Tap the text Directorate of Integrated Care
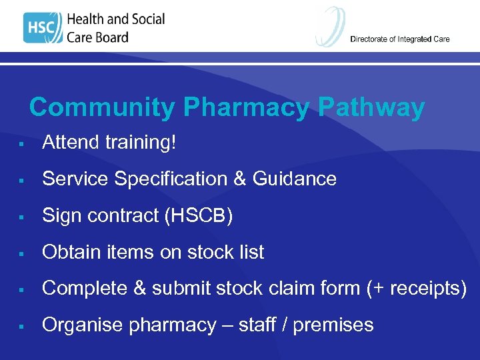point(399,39)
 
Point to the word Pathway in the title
point(371,107)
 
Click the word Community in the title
point(103,107)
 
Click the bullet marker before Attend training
point(22,143)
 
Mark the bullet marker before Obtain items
point(22,253)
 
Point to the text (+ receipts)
point(416,289)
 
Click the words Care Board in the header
point(97,37)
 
